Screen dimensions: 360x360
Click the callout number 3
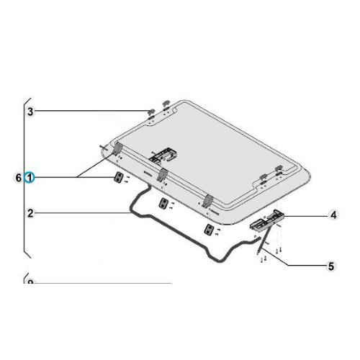click(30, 112)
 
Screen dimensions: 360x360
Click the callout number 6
click(19, 176)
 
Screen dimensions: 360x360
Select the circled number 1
click(30, 176)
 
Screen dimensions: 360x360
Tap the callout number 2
click(30, 213)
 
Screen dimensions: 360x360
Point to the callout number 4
click(333, 215)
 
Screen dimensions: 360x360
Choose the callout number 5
click(330, 266)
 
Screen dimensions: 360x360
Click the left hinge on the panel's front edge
click(117, 148)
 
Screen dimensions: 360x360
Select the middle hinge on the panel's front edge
click(163, 174)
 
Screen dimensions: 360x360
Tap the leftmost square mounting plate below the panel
click(116, 178)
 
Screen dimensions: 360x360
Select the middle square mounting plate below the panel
click(164, 204)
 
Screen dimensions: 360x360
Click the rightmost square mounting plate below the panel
click(210, 230)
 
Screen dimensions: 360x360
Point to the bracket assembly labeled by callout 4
click(268, 220)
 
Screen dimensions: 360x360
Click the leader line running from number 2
click(79, 213)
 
